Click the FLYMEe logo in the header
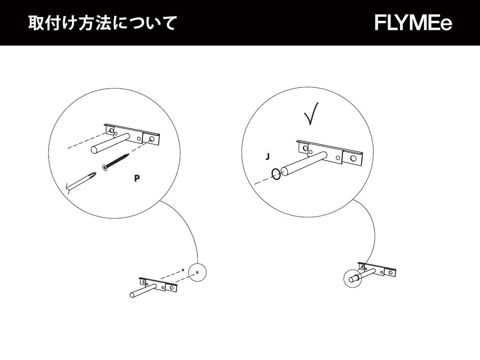point(413,23)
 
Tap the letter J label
point(268,157)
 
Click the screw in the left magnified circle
point(116,162)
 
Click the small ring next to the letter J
point(276,174)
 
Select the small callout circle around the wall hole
point(197,272)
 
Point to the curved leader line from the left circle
point(188,224)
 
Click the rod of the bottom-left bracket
point(141,291)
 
